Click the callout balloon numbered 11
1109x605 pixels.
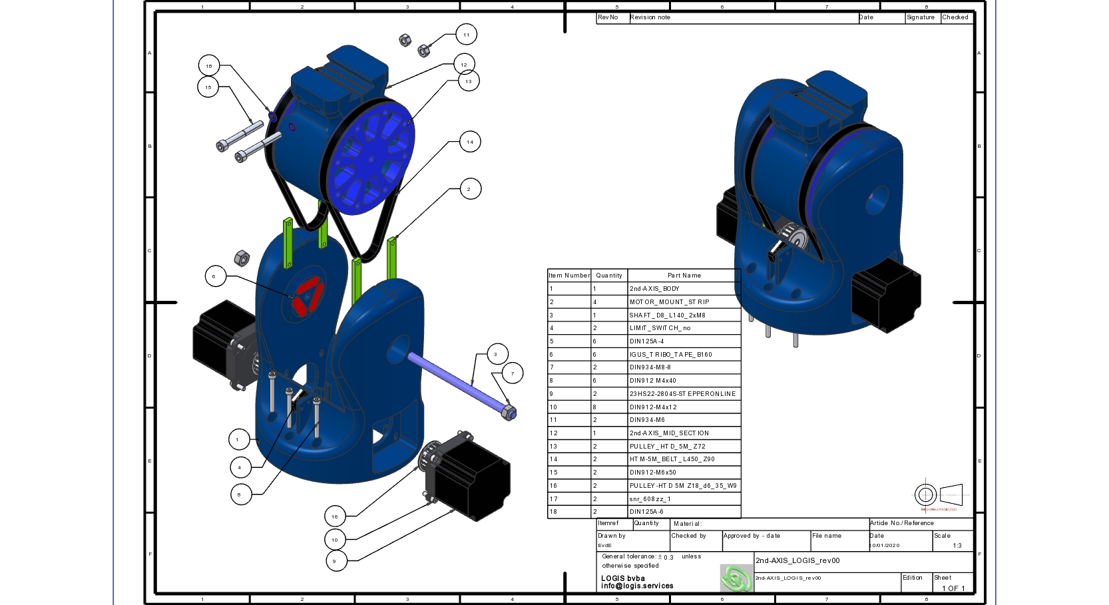pos(466,35)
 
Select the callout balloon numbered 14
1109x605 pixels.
pos(470,142)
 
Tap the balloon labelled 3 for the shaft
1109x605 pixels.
pos(495,354)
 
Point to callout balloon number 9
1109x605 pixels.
pos(335,561)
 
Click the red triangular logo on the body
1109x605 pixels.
pos(308,296)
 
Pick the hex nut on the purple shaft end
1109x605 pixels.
pos(509,413)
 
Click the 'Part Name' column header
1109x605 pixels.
pos(684,276)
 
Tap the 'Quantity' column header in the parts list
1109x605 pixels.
pos(609,276)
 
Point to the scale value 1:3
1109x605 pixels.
pos(957,546)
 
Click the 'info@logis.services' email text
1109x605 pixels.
pos(637,586)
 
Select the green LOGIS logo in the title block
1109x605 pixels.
pos(736,578)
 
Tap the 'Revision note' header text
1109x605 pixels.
pos(650,18)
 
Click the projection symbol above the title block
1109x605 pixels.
pos(938,495)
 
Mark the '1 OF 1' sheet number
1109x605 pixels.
pos(953,588)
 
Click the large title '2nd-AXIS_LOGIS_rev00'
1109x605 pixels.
pos(797,561)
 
